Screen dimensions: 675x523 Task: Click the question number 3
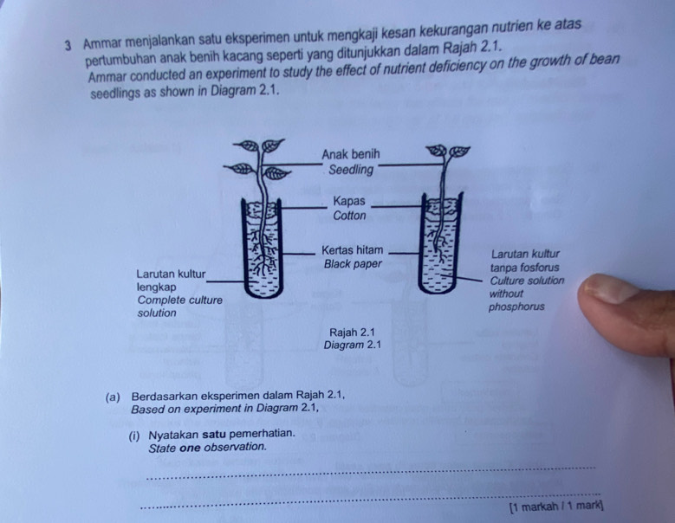tap(68, 46)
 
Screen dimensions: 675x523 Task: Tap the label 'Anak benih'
tap(351, 154)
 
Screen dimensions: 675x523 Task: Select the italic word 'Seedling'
tap(351, 170)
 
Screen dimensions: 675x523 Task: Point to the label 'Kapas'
tap(348, 201)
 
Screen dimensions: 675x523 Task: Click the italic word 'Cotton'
tap(349, 216)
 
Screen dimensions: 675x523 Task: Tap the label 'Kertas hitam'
tap(352, 250)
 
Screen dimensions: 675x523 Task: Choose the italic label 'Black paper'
tap(353, 263)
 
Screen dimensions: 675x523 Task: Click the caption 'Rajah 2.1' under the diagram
tap(352, 332)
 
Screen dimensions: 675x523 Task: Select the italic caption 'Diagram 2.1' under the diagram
tap(352, 345)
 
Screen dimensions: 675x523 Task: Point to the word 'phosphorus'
tap(516, 307)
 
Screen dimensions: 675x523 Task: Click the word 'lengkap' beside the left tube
tap(156, 287)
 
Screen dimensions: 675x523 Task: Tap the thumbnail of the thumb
tap(611, 288)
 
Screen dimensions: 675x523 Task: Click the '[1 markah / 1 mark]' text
tap(556, 507)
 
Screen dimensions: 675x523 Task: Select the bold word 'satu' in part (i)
tap(214, 434)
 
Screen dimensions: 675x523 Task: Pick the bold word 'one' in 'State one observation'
tap(190, 448)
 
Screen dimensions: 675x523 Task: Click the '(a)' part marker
tap(113, 397)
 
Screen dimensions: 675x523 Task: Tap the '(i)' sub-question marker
tap(134, 436)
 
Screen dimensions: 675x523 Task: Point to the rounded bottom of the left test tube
tap(263, 292)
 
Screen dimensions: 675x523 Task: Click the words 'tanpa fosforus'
tap(525, 268)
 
